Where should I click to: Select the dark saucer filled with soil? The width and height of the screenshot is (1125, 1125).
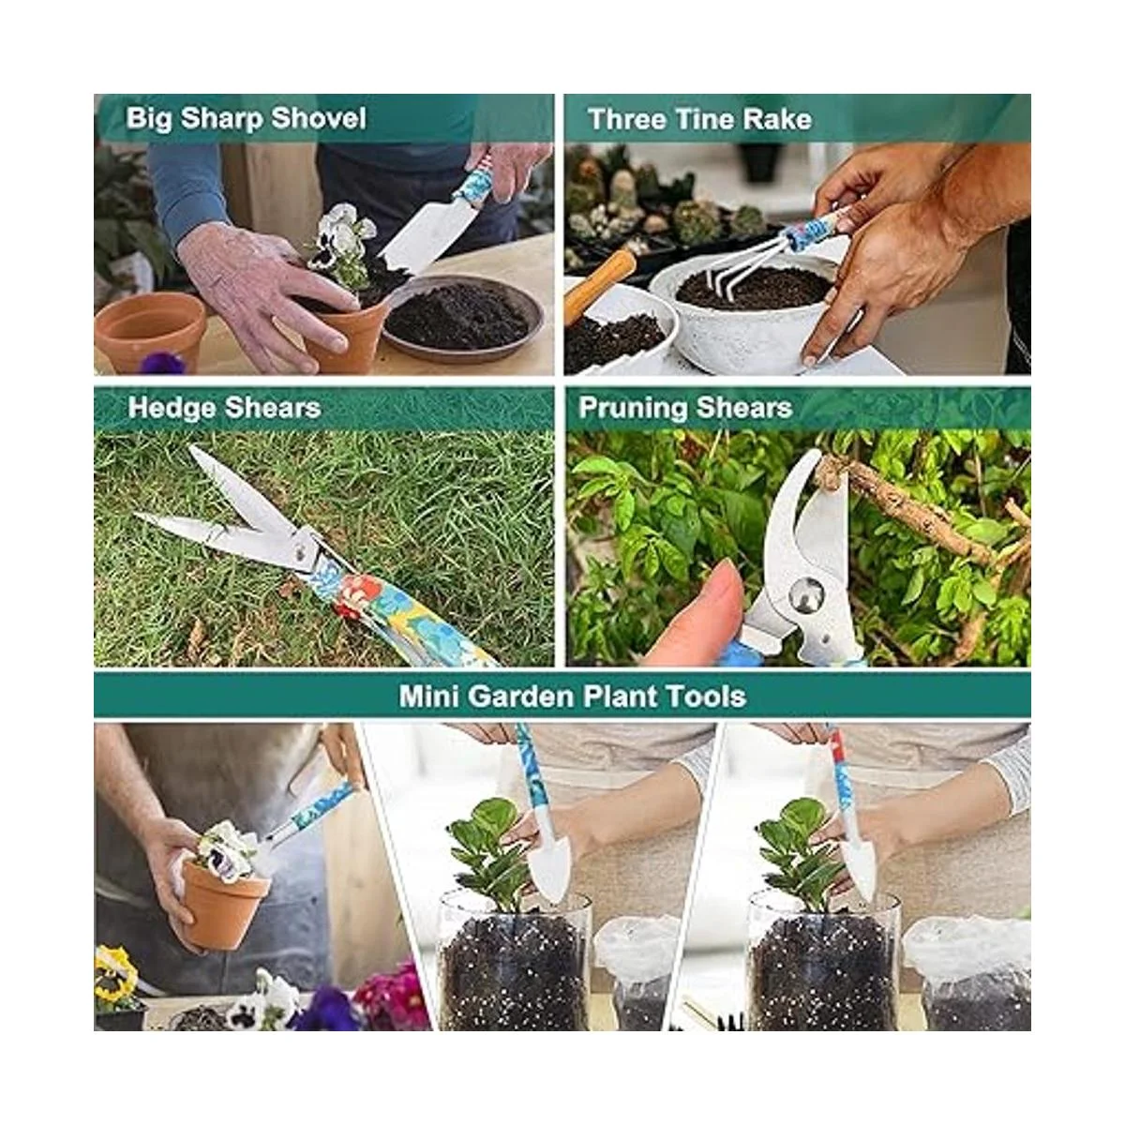[463, 319]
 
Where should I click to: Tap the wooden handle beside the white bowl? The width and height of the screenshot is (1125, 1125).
[598, 281]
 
